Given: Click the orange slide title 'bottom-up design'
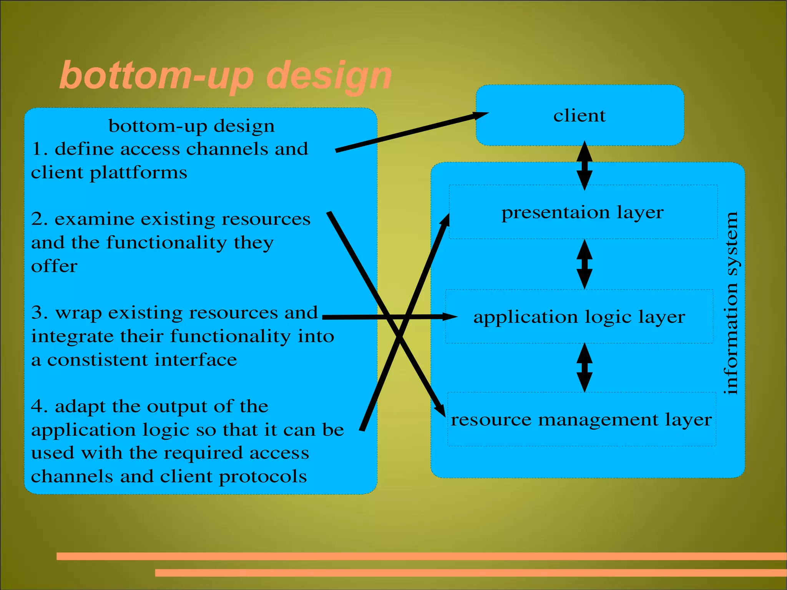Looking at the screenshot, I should click(x=226, y=76).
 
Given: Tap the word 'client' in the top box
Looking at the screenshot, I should click(x=579, y=116).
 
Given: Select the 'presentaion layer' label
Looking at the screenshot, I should click(x=583, y=213).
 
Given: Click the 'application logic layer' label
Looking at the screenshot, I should click(x=579, y=317).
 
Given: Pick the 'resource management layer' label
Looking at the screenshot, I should click(x=581, y=420).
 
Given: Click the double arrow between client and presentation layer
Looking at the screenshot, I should click(x=584, y=166).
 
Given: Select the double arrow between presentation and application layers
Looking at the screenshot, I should click(x=584, y=264).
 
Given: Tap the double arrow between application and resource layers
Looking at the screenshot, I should click(x=584, y=367).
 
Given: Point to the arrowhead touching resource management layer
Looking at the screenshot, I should click(x=440, y=409).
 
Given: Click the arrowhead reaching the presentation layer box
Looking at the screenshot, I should click(x=445, y=221).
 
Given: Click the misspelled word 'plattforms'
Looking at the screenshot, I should click(x=138, y=173).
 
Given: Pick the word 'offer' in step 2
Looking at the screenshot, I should click(x=54, y=266).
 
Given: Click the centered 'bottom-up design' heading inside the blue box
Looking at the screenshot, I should click(x=191, y=126).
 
